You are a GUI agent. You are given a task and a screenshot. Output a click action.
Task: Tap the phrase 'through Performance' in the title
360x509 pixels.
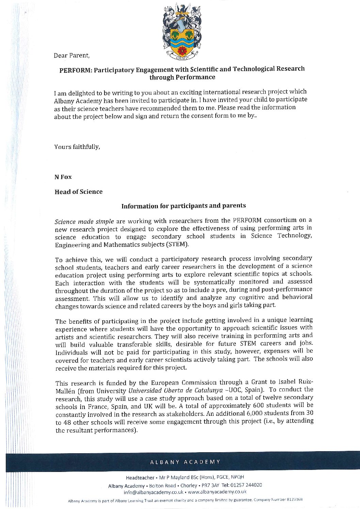182,77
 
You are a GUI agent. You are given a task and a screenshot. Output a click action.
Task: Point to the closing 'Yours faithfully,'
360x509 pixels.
77,147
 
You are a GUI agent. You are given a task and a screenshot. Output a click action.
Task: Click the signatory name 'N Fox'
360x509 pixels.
63,177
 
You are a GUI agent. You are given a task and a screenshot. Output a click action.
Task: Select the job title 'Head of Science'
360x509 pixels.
78,192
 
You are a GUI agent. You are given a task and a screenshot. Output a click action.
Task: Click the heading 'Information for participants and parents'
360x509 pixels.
183,206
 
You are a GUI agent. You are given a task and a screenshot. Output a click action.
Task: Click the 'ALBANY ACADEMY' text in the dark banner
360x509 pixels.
185,462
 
